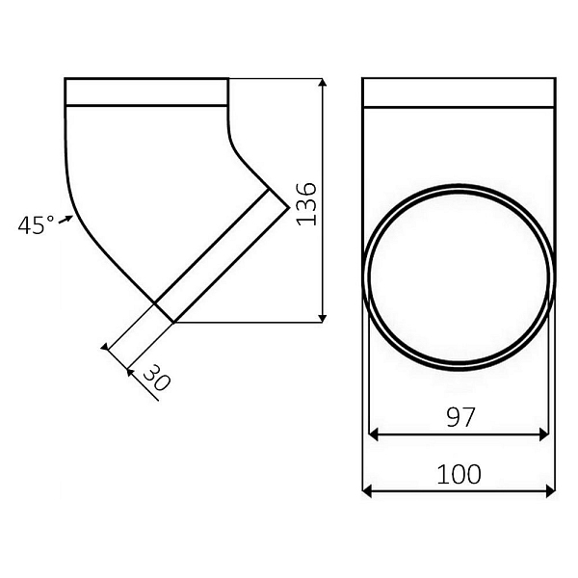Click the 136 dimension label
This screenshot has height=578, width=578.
(306, 203)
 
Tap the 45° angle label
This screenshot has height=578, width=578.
(37, 224)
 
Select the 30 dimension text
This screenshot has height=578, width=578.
(156, 378)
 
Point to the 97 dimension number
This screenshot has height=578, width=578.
(460, 417)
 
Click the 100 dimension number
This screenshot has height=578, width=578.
(459, 474)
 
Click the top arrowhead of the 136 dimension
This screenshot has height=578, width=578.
(323, 82)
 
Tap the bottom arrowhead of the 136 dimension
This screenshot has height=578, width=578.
(323, 319)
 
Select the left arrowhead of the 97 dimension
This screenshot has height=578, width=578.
(373, 434)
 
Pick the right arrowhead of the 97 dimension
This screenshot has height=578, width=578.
(544, 434)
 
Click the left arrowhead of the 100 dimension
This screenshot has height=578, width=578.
(367, 491)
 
